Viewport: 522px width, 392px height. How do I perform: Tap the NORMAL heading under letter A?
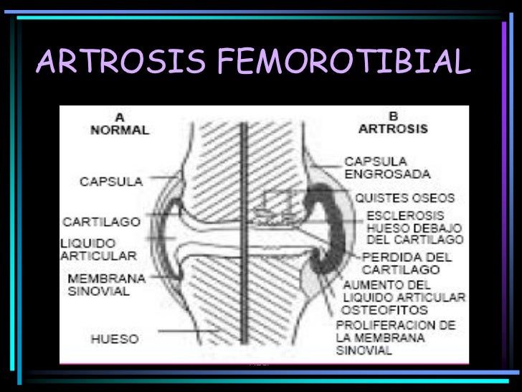[x=120, y=130]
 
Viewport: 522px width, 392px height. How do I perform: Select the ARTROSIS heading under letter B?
[x=393, y=129]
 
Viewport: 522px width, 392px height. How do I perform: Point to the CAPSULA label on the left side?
[x=110, y=181]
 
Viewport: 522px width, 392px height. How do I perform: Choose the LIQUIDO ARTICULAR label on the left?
[x=98, y=249]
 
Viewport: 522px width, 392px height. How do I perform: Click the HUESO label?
[x=115, y=337]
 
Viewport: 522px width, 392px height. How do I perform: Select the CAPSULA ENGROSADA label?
[x=387, y=167]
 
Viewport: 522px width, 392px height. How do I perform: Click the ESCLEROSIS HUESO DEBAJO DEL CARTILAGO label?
[x=414, y=227]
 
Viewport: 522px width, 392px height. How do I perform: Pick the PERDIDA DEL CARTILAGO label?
[x=406, y=262]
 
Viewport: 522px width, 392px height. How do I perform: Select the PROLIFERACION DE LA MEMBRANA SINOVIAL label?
[x=395, y=337]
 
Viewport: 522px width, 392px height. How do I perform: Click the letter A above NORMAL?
[x=119, y=117]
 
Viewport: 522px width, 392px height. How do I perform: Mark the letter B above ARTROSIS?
[x=393, y=116]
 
